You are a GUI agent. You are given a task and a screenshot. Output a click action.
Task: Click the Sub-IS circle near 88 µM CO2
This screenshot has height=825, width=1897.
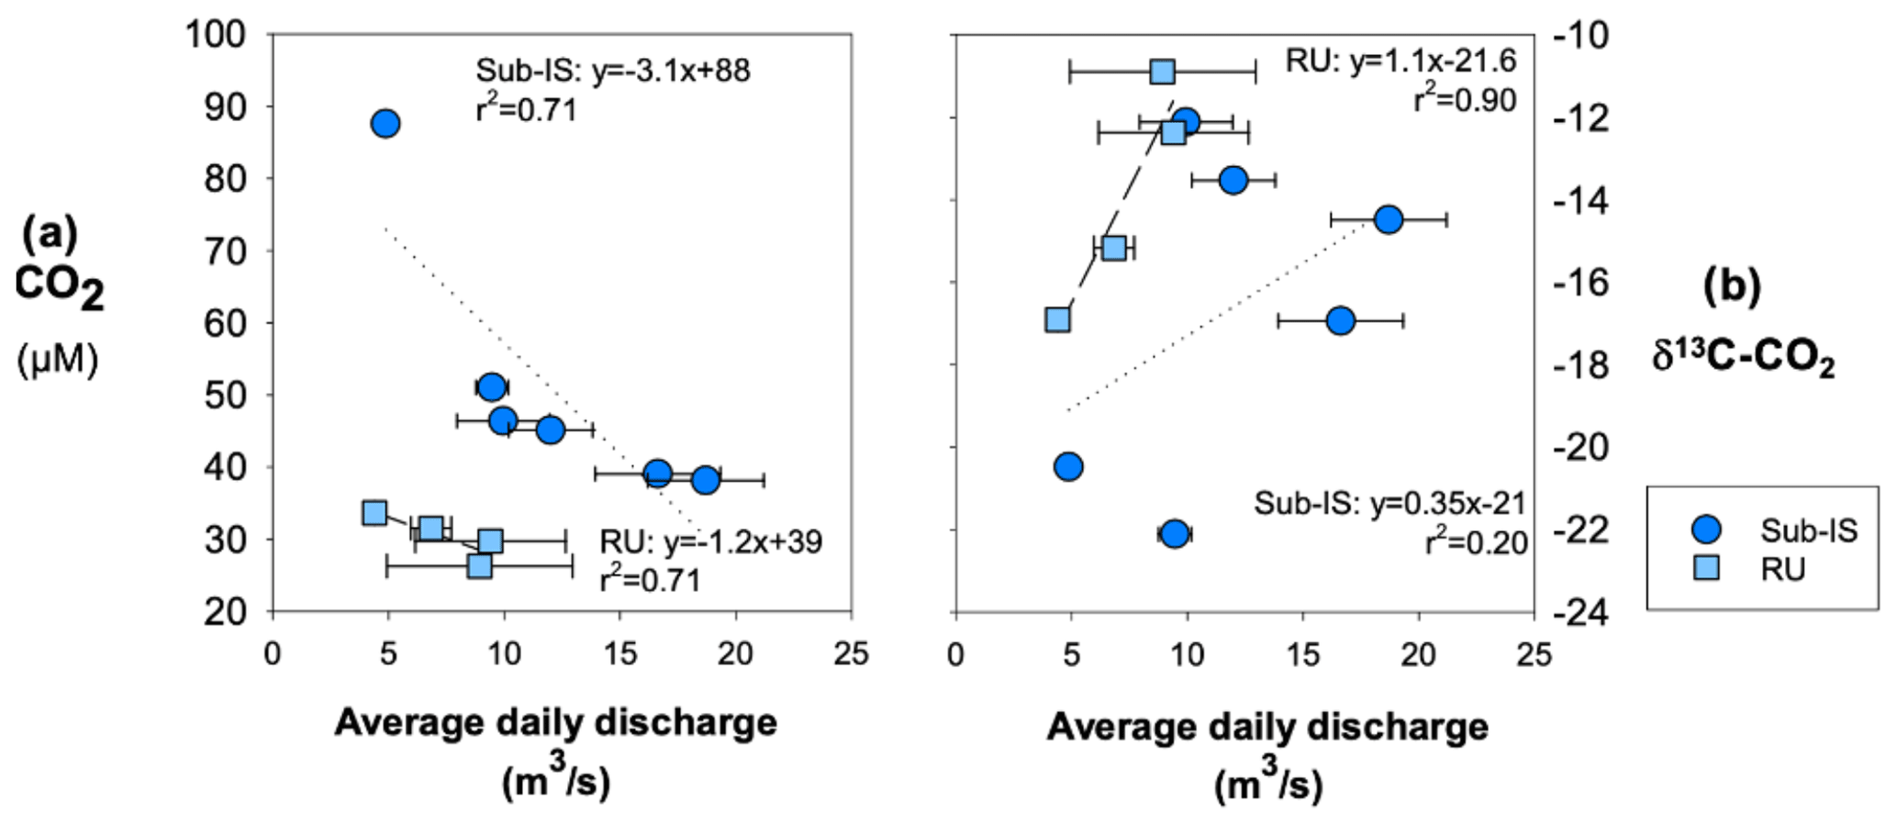(x=385, y=123)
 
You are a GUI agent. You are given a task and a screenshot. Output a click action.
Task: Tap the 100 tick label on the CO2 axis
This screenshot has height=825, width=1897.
(x=216, y=35)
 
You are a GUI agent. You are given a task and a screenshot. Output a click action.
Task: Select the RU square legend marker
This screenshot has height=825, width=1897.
(x=1706, y=569)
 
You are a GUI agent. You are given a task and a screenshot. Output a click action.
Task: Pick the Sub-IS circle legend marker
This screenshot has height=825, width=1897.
(x=1706, y=530)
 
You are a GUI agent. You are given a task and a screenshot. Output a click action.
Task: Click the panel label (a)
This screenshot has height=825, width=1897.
(x=50, y=233)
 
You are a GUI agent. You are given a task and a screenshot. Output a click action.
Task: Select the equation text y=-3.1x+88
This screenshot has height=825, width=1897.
(x=671, y=71)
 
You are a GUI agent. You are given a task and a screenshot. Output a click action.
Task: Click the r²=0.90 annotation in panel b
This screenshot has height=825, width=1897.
(x=1465, y=100)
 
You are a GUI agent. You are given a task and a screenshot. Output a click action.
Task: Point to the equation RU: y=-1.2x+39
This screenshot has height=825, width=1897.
(x=710, y=541)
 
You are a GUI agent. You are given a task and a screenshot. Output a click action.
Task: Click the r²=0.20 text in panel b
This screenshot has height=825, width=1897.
(x=1476, y=543)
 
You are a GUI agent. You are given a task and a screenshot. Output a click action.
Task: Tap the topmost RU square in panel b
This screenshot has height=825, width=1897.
(x=1162, y=72)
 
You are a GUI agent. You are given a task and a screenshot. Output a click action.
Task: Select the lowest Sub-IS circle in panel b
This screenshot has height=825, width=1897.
(x=1174, y=534)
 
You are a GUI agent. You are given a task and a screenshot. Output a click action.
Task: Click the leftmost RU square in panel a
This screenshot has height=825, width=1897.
(x=374, y=512)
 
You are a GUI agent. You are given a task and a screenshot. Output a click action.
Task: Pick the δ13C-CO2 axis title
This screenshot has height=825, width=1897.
(x=1743, y=357)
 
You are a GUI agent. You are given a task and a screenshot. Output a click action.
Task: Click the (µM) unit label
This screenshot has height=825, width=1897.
(x=57, y=360)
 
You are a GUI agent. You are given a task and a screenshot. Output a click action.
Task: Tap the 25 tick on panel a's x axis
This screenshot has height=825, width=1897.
(x=851, y=653)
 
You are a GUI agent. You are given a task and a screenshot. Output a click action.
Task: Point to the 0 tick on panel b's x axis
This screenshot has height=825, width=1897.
(x=955, y=653)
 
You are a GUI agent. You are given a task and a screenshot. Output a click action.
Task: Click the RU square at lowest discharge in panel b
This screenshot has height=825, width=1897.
(x=1057, y=319)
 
